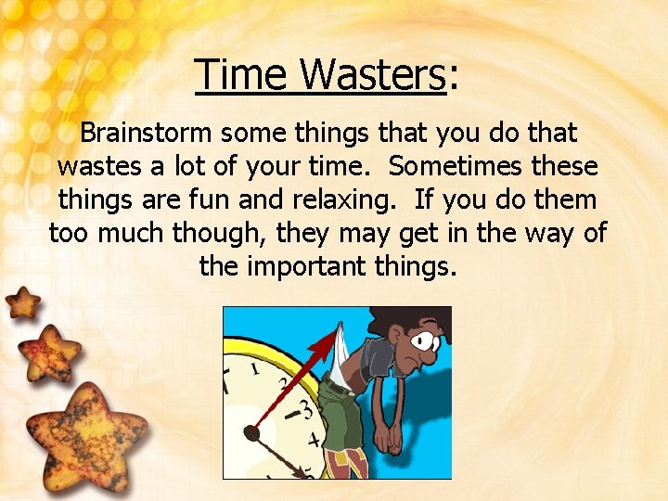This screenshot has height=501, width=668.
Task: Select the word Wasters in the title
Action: [x=375, y=74]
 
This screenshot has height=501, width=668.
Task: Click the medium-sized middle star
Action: [x=48, y=353]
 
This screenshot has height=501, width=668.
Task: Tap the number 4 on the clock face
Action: [x=313, y=439]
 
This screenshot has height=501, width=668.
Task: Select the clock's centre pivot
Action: [x=250, y=431]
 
